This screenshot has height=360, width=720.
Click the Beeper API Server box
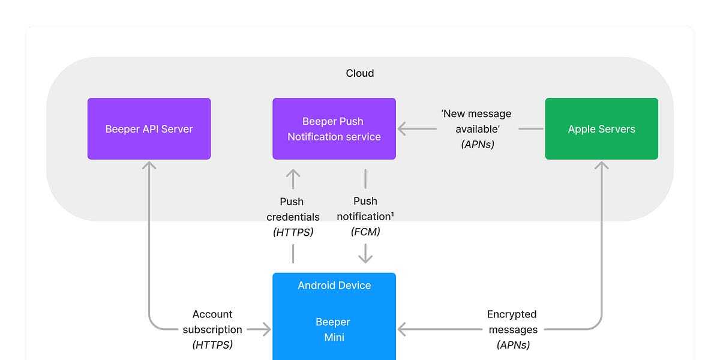tap(149, 128)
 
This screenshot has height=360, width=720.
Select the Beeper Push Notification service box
tap(334, 128)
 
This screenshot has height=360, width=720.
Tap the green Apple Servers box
tap(601, 128)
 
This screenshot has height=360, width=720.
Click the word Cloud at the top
tap(359, 73)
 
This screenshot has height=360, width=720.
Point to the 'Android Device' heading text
tap(334, 286)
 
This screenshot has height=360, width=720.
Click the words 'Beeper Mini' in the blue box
tap(334, 329)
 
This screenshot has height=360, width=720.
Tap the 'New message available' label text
tap(476, 121)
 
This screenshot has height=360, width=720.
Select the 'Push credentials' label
tap(293, 209)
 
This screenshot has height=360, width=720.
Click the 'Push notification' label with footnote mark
tap(365, 209)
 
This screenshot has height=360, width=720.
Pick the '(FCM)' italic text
tap(365, 232)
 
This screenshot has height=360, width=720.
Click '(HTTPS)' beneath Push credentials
tap(293, 232)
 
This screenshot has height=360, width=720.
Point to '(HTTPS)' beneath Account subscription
tap(212, 345)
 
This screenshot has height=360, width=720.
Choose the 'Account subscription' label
tap(212, 322)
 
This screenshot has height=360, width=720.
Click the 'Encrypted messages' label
tap(512, 322)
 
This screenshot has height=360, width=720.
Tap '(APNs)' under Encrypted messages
tap(514, 345)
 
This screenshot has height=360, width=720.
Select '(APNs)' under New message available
tap(478, 145)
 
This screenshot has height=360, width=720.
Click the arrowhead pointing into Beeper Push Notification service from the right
tap(401, 128)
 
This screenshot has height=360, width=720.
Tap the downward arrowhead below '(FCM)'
tap(365, 259)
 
